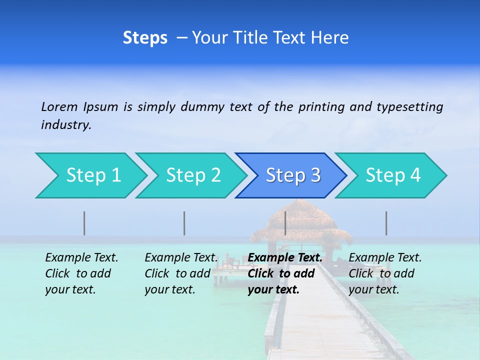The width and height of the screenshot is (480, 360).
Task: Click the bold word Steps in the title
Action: (145, 38)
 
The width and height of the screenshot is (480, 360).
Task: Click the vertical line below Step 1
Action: (84, 223)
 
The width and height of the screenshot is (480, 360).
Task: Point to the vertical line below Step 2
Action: (184, 223)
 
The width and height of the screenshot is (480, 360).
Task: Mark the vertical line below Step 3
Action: (285, 223)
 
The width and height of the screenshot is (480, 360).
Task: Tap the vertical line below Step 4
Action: (386, 223)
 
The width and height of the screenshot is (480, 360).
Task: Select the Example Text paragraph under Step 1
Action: (81, 273)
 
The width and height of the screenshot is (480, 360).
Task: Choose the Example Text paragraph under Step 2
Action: (181, 273)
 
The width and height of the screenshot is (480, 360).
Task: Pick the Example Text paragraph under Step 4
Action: (385, 273)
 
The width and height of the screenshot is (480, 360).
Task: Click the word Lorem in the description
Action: (59, 106)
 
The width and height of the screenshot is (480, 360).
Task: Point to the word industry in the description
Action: (66, 125)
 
